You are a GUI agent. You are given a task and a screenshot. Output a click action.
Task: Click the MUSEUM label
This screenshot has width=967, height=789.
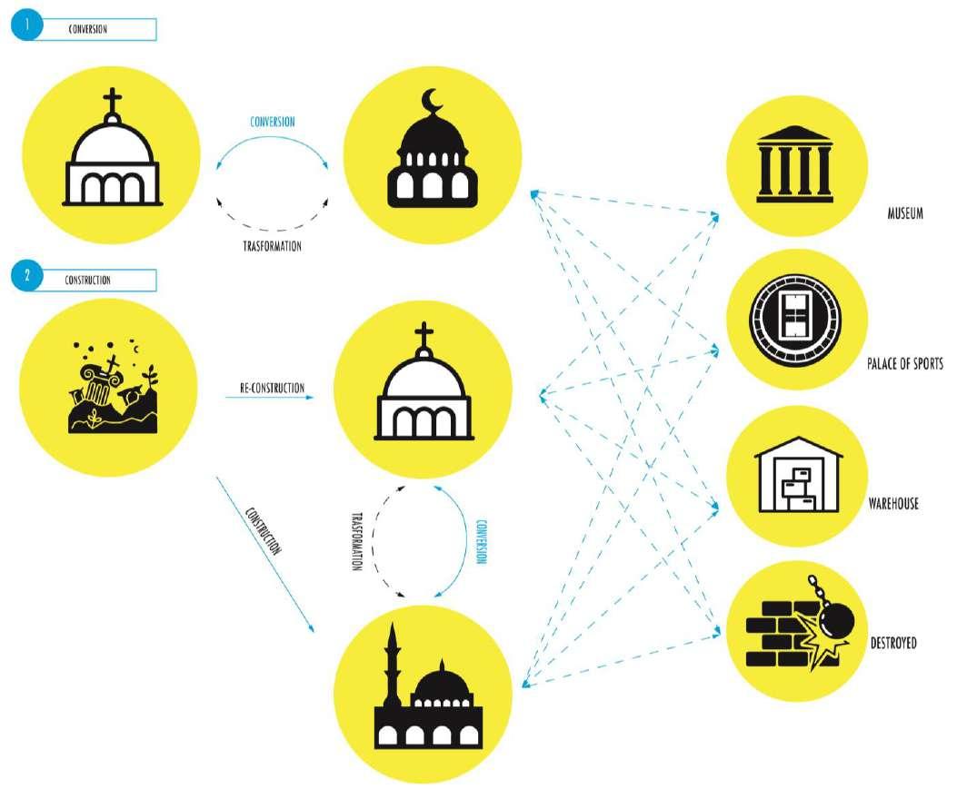pos(905,214)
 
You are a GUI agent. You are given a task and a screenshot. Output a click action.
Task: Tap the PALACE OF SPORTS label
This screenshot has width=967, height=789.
pos(905,364)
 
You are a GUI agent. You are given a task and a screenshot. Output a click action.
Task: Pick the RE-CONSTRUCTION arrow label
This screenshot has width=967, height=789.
pos(272,389)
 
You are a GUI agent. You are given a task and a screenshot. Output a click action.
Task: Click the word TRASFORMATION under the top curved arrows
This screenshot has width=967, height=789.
pos(272,245)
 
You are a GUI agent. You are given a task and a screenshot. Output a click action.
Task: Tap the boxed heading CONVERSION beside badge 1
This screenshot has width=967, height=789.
pos(88,29)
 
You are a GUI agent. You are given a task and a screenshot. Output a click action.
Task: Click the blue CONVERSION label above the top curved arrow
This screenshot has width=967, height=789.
pos(272,121)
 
